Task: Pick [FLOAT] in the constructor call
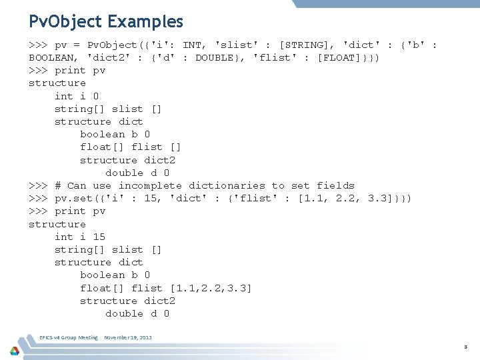[x=341, y=57]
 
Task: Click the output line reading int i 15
[x=79, y=237]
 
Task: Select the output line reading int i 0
[x=77, y=96]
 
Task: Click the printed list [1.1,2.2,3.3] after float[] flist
[x=211, y=288]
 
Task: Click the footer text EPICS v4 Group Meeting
[x=69, y=338]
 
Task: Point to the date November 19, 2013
[x=128, y=338]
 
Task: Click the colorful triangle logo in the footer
[x=15, y=349]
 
